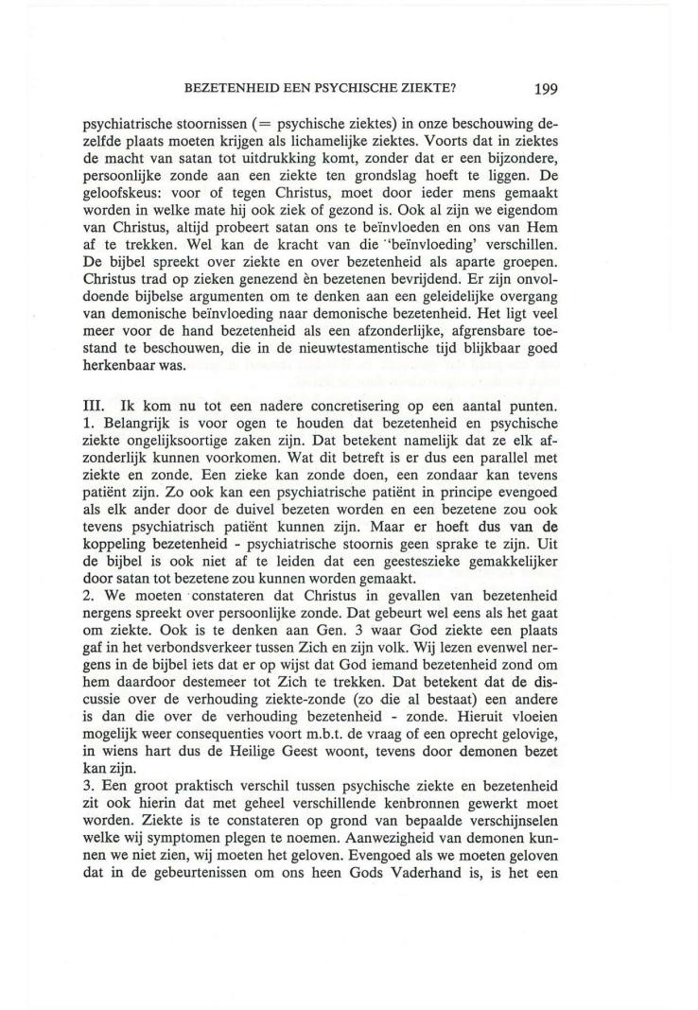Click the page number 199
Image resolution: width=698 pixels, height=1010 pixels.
(x=546, y=90)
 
